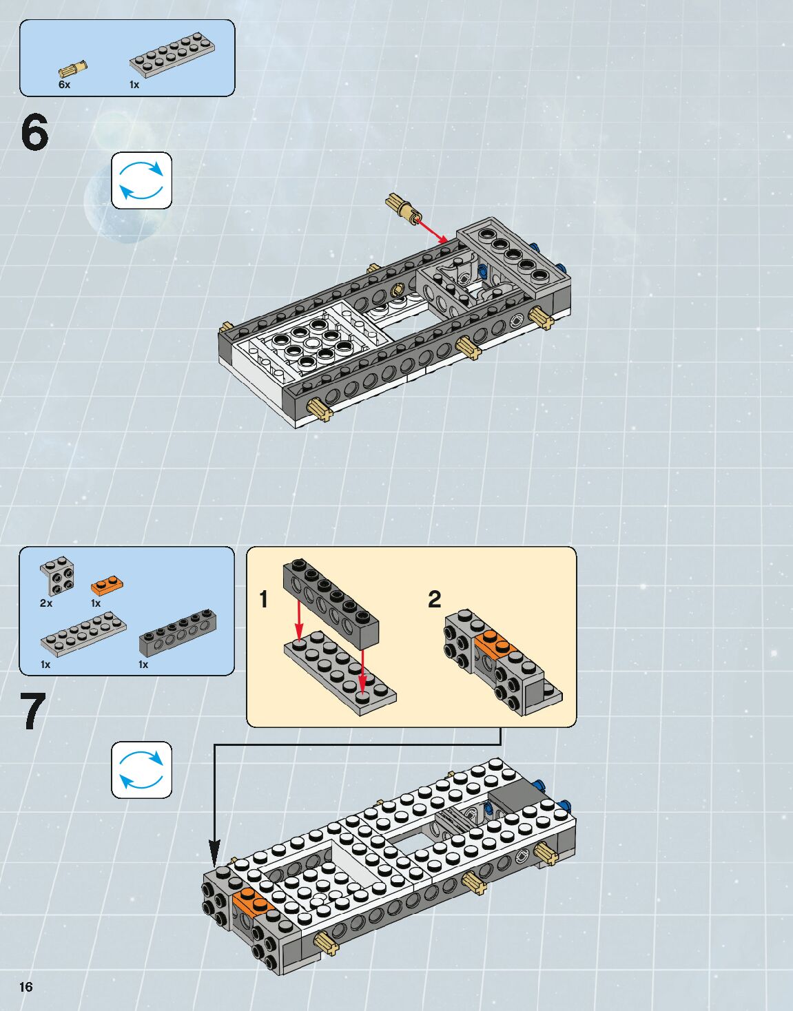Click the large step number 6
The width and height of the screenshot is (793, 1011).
(34, 132)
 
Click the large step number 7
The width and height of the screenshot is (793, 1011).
(34, 711)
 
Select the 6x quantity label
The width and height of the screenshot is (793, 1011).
(64, 85)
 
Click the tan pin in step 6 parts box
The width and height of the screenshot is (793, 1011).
(73, 69)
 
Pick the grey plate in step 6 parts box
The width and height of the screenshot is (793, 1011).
(172, 54)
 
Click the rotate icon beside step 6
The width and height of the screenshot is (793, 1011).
(141, 180)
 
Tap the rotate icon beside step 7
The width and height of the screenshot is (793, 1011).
(141, 770)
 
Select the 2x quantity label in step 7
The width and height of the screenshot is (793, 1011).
(46, 603)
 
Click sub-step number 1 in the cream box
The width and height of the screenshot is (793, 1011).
(264, 599)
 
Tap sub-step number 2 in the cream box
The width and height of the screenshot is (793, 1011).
(434, 599)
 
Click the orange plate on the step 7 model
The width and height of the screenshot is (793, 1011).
(252, 903)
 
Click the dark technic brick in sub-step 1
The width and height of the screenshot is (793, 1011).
(331, 603)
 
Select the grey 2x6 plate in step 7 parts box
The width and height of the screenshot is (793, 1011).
(84, 634)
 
